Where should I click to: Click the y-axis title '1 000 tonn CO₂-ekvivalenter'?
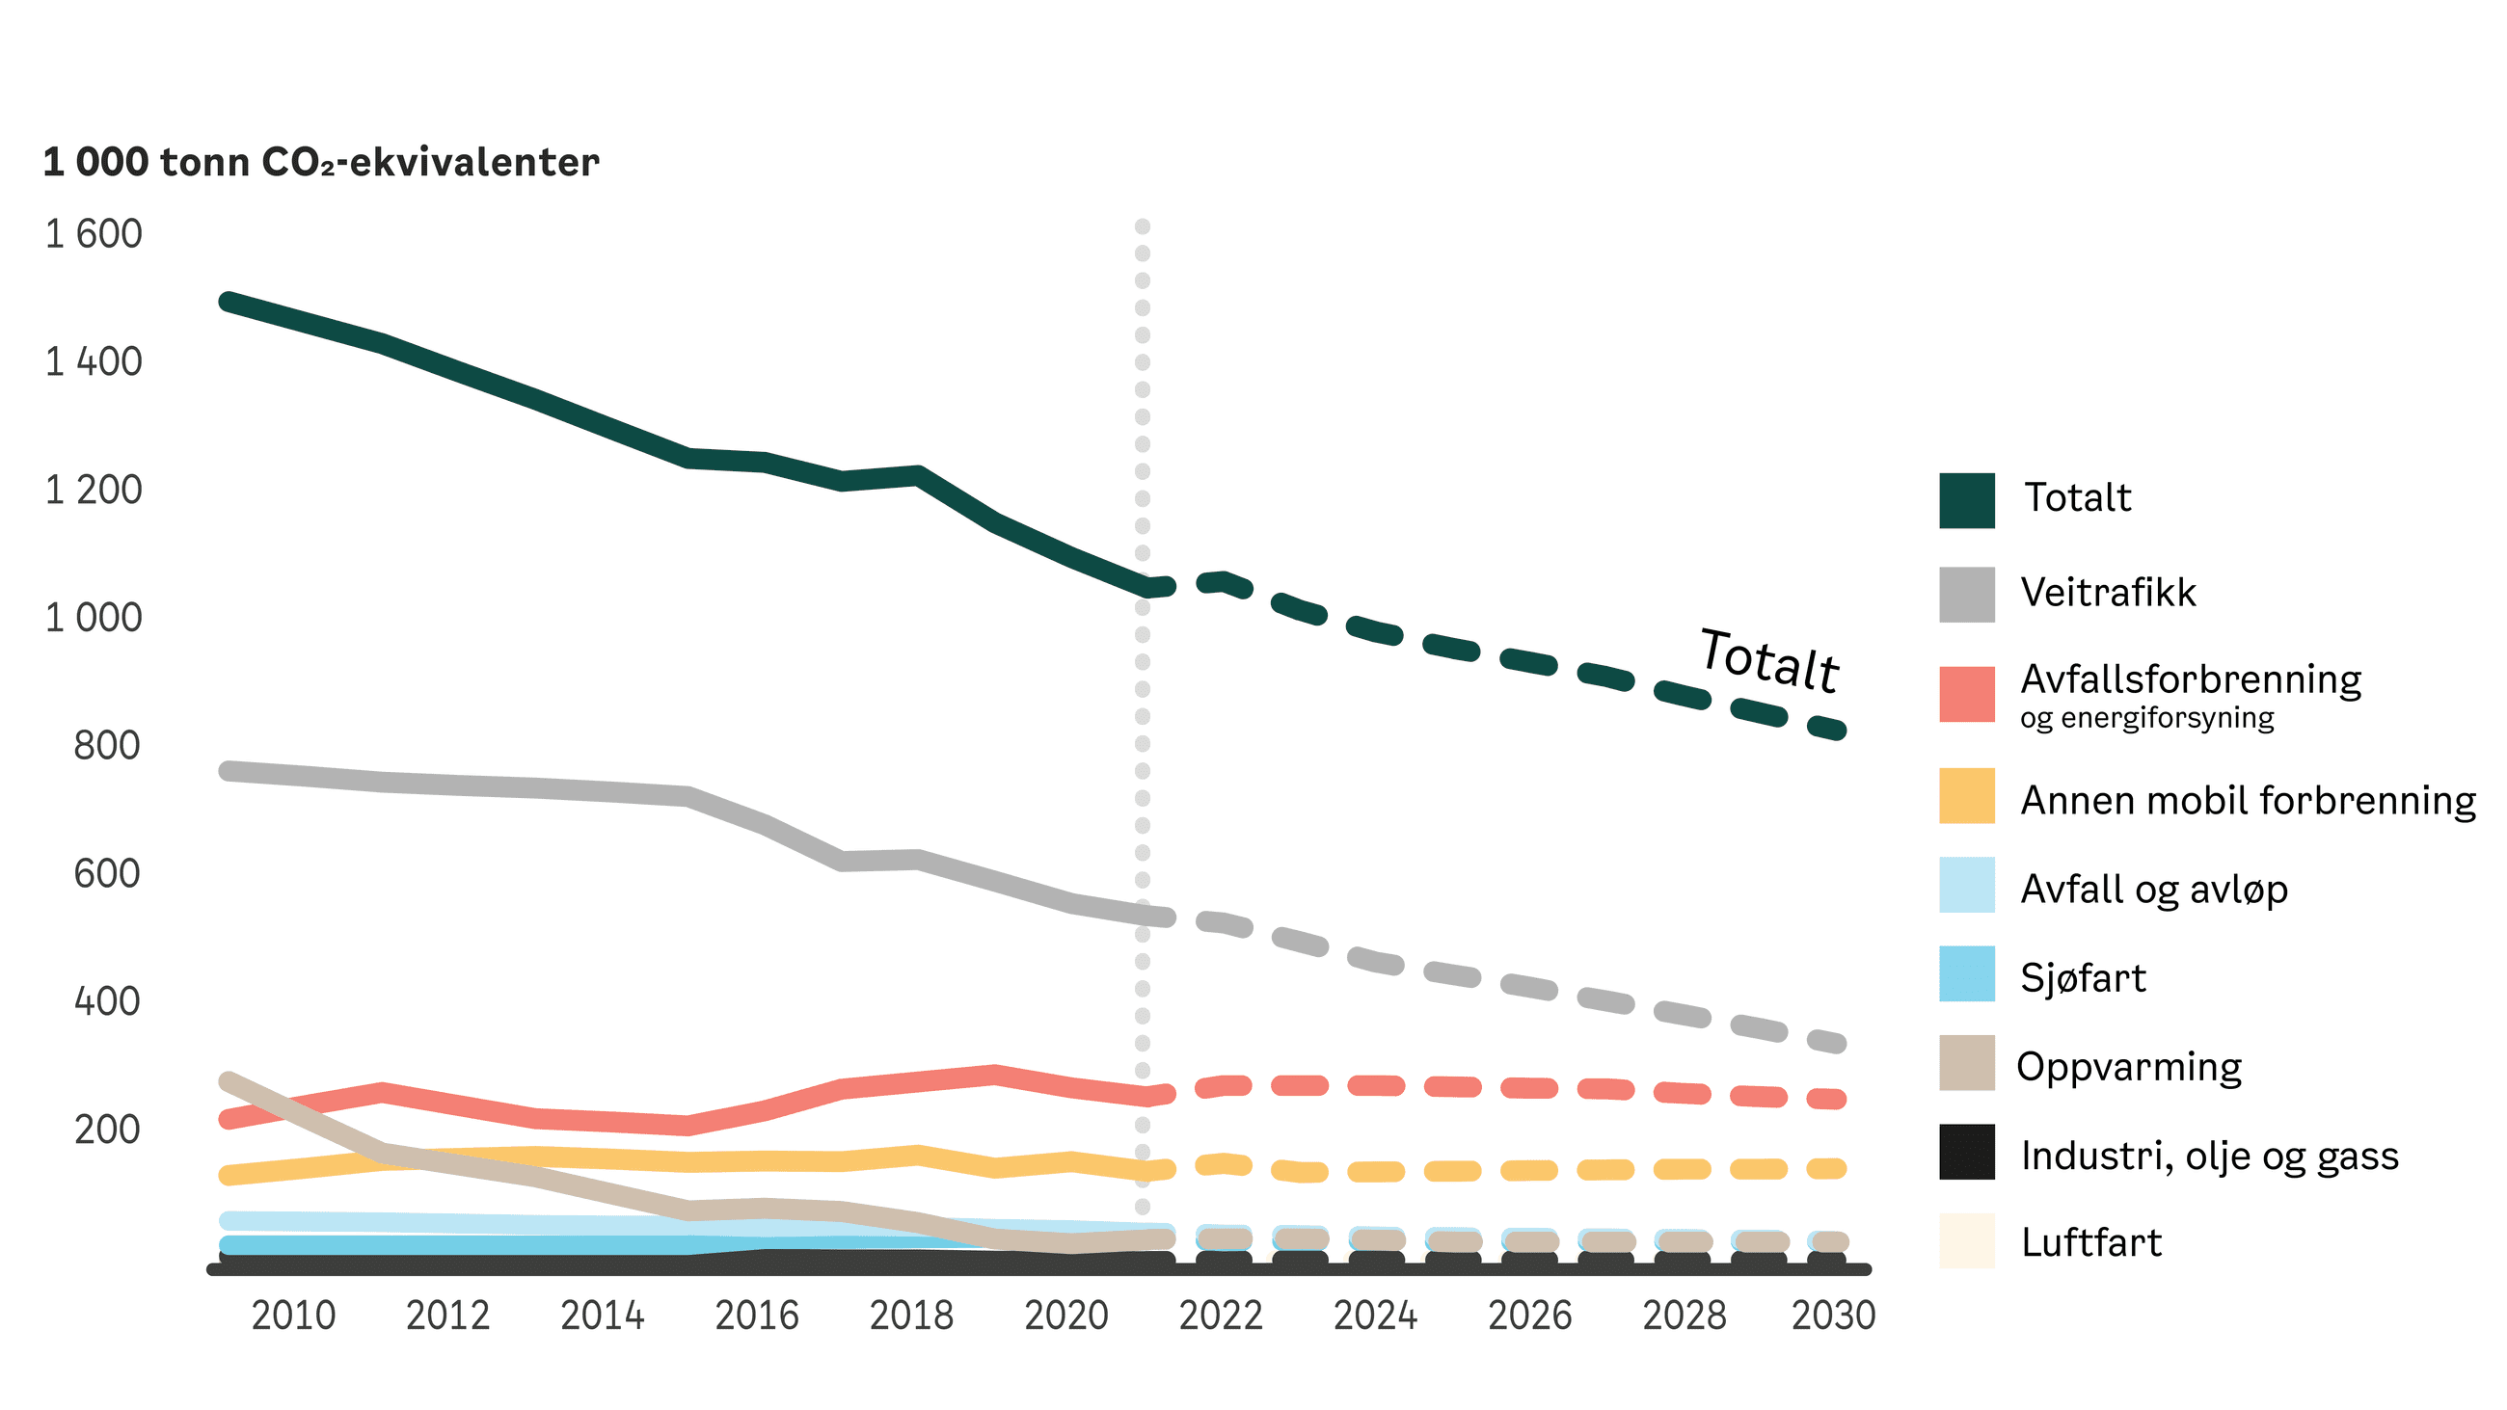[x=321, y=163]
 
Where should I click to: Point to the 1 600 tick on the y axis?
[x=94, y=234]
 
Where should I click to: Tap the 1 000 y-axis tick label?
[x=94, y=618]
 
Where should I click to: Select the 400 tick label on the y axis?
[x=107, y=1001]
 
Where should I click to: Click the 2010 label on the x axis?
[x=293, y=1316]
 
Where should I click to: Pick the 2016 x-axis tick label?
[x=756, y=1316]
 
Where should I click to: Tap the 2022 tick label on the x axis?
[x=1221, y=1316]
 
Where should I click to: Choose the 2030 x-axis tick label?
[x=1833, y=1316]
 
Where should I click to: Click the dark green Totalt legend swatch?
[x=1966, y=501]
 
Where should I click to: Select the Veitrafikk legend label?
[x=2108, y=593]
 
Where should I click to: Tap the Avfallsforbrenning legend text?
[x=2191, y=679]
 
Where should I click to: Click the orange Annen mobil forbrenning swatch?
[x=1966, y=796]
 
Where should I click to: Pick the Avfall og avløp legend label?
[x=2154, y=890]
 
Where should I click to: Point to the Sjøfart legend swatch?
[x=1966, y=974]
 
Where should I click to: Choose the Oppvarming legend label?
[x=2129, y=1067]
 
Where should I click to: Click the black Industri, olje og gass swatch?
[x=1966, y=1152]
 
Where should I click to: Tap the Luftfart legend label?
[x=2091, y=1242]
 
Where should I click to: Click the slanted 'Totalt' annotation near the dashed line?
[x=1768, y=661]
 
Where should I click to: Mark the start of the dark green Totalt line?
[x=227, y=302]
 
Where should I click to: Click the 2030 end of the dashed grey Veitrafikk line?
[x=1836, y=1043]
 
